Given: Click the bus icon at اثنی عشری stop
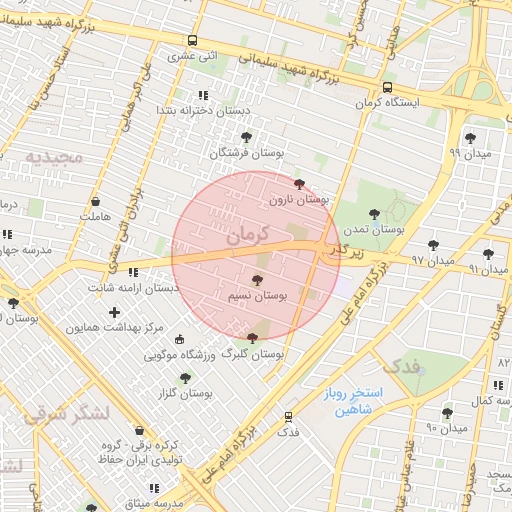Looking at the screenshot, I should pyautogui.click(x=192, y=41).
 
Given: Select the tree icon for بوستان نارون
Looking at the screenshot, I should pyautogui.click(x=299, y=184).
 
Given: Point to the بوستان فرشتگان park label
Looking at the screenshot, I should pyautogui.click(x=247, y=153).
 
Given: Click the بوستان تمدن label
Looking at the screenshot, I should pyautogui.click(x=373, y=229).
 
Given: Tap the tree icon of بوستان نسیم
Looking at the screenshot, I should pyautogui.click(x=257, y=281).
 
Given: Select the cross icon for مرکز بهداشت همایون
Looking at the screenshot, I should pyautogui.click(x=115, y=312).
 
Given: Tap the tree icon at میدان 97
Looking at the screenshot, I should pyautogui.click(x=433, y=244).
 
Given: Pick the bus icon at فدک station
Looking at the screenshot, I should pyautogui.click(x=289, y=415).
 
